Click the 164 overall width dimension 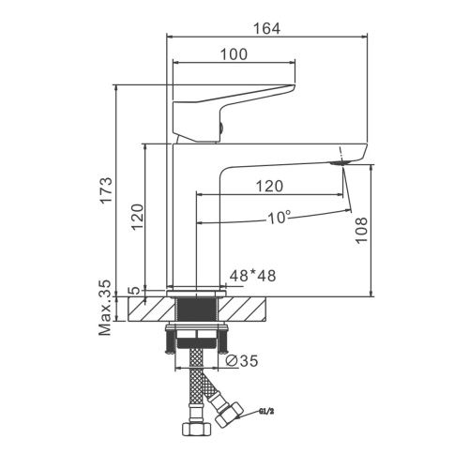pos(266,28)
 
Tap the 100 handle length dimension pos(234,54)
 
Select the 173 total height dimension pos(106,190)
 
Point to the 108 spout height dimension pos(361,230)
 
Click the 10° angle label pos(279,218)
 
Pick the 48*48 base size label pos(253,276)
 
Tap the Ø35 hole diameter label pos(242,361)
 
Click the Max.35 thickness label pos(105,308)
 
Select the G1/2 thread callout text pos(266,412)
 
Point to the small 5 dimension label pos(135,291)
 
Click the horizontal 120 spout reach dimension pos(269,187)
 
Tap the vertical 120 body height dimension pos(137,217)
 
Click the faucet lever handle pos(234,113)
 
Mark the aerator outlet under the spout pos(340,163)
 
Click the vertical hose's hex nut pos(196,429)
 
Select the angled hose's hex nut pos(229,415)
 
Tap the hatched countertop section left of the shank pos(151,309)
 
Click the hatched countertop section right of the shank pos(242,309)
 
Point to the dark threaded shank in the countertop pos(197,309)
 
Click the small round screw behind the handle pos(221,128)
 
